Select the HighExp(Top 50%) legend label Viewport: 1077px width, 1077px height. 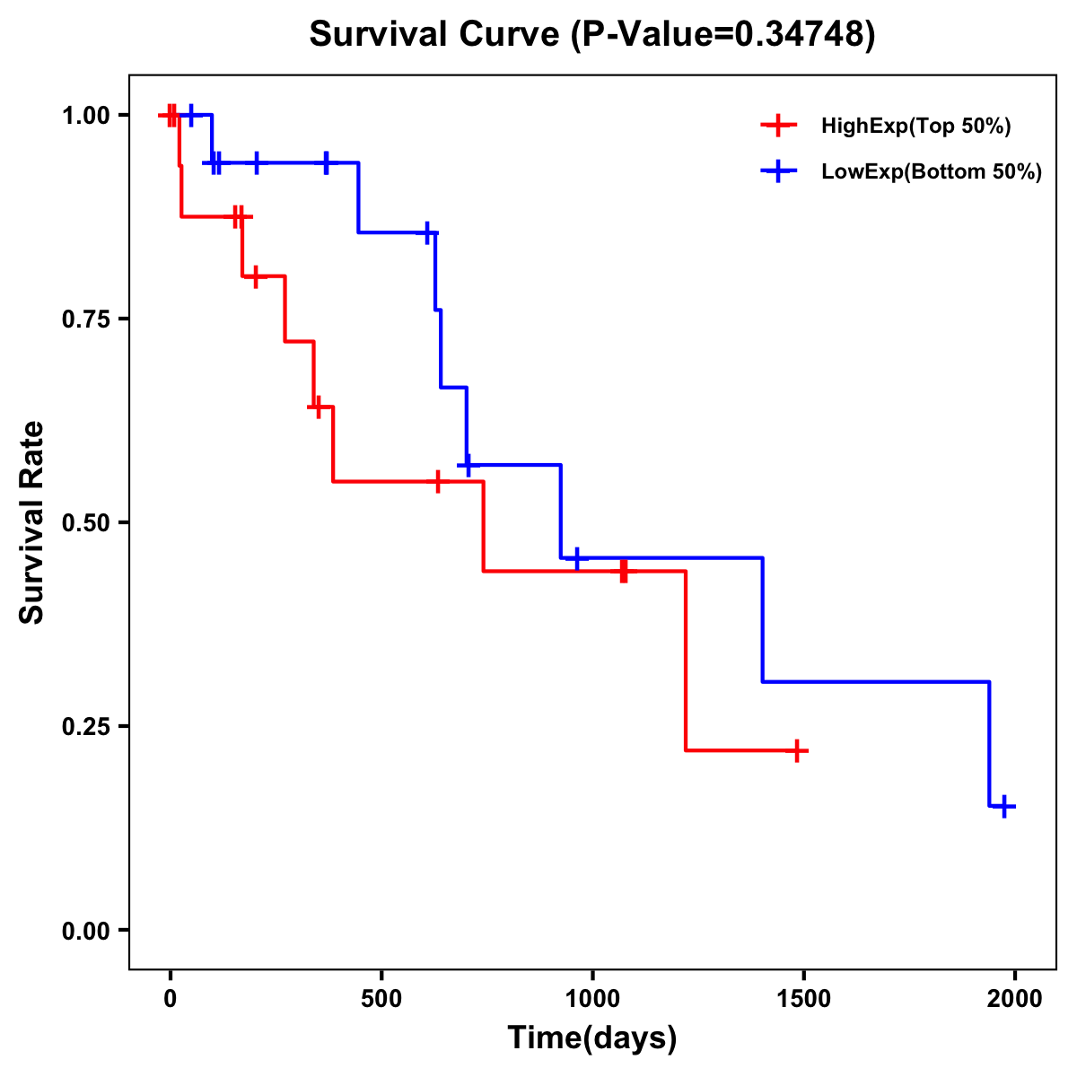[916, 127]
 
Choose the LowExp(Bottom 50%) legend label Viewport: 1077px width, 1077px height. [932, 172]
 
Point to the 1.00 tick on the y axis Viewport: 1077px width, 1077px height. [85, 116]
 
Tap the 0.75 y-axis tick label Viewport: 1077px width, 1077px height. [85, 320]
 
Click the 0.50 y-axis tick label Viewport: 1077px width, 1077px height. [85, 523]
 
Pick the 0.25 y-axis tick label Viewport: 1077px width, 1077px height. [85, 727]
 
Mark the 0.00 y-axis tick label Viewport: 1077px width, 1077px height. [85, 931]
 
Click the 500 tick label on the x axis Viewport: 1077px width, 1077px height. [381, 999]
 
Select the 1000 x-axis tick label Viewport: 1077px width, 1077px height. [592, 999]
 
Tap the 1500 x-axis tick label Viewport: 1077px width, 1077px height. [803, 999]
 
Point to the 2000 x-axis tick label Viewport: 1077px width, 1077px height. [1015, 999]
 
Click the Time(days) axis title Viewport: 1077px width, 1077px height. [592, 1038]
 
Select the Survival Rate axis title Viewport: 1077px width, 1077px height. [32, 522]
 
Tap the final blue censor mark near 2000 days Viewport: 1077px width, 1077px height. [1004, 806]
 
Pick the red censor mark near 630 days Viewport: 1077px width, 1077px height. [437, 482]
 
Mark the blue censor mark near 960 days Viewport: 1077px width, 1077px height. [577, 558]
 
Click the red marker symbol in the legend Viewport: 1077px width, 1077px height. [778, 127]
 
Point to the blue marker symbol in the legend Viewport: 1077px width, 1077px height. [778, 172]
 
